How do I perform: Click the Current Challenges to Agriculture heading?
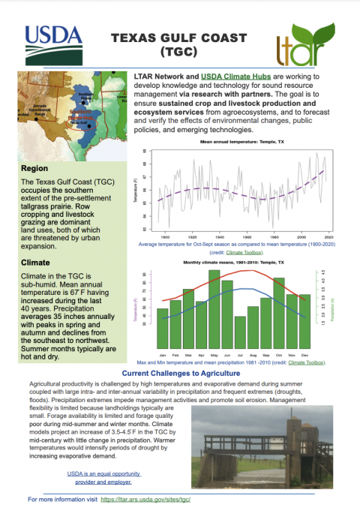pyautogui.click(x=180, y=373)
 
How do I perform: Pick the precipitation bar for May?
pyautogui.click(x=214, y=308)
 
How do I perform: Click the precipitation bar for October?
pyautogui.click(x=279, y=311)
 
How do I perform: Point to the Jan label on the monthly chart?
pyautogui.click(x=162, y=353)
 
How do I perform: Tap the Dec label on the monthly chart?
pyautogui.click(x=304, y=353)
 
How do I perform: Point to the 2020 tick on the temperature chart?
pyautogui.click(x=328, y=235)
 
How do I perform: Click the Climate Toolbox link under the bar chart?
pyautogui.click(x=309, y=362)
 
